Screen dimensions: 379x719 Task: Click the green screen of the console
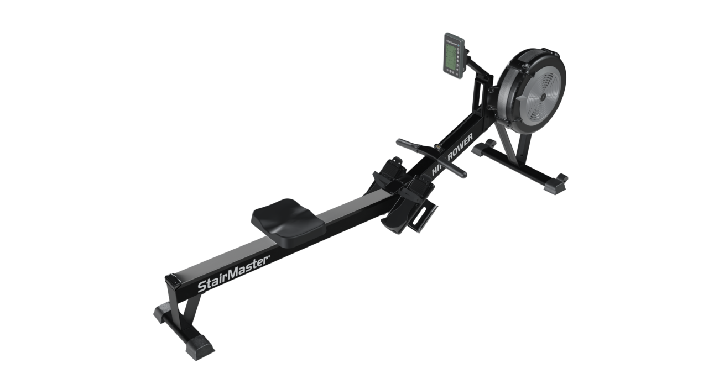point(452,57)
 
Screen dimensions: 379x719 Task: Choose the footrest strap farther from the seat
point(393,165)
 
